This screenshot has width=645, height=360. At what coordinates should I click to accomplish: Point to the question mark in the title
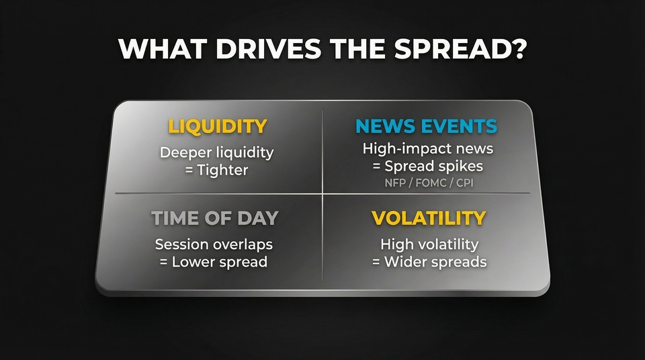[x=517, y=50]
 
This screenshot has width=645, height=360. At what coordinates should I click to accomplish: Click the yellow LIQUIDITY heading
[x=217, y=126]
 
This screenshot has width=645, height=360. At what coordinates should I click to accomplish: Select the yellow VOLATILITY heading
[x=429, y=218]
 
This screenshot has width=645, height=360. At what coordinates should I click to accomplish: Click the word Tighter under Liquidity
[x=222, y=170]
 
